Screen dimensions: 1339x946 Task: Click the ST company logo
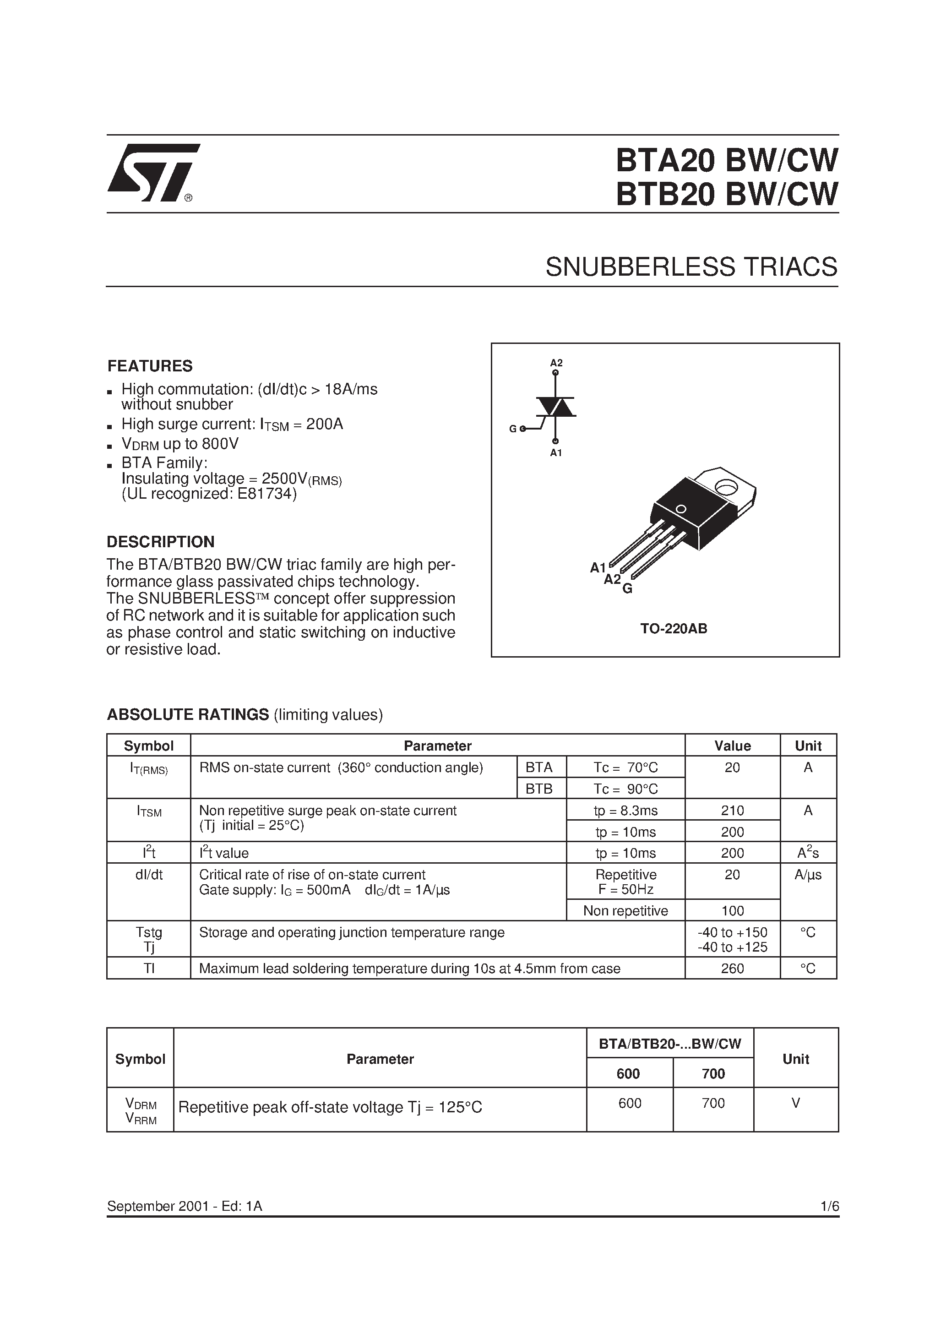(153, 173)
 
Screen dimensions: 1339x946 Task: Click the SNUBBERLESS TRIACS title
(691, 267)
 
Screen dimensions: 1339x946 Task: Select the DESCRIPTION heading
(160, 542)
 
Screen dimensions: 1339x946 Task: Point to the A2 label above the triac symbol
(556, 363)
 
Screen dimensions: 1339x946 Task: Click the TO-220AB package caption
(674, 629)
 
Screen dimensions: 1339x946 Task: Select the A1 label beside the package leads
(598, 567)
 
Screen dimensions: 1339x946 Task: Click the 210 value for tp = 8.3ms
(732, 810)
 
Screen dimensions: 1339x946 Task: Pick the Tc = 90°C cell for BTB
(625, 789)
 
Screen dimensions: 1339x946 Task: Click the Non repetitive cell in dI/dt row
(625, 910)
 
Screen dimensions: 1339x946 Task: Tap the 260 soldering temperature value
(732, 968)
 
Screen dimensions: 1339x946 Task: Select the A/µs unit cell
(808, 875)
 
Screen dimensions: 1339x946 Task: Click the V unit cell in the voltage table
(795, 1103)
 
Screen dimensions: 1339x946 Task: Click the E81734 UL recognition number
(267, 494)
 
